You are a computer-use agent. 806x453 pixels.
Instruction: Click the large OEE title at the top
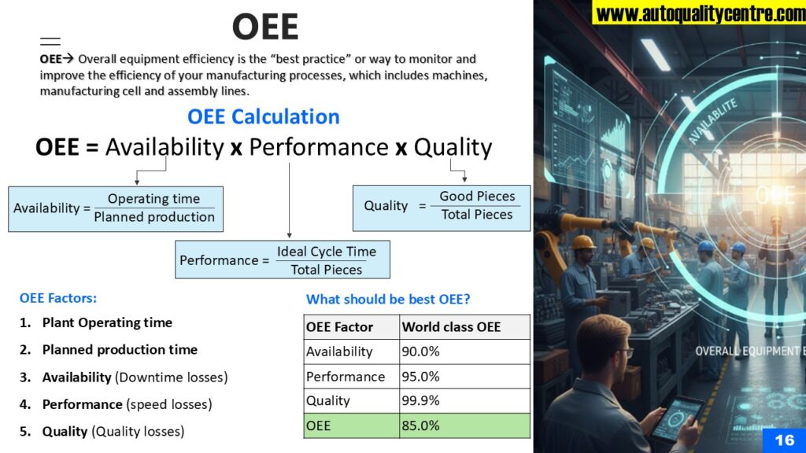click(265, 27)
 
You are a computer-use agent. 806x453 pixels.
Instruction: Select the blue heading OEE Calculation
click(263, 116)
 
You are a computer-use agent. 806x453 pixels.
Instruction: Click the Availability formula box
click(116, 209)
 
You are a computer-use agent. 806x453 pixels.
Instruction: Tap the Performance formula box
click(283, 260)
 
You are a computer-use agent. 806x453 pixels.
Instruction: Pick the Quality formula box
click(442, 208)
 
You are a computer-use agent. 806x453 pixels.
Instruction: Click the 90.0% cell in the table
click(464, 352)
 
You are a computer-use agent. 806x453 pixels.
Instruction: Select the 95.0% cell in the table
click(464, 377)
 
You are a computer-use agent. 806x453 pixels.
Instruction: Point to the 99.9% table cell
click(464, 400)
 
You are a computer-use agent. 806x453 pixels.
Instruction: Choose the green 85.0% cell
click(464, 425)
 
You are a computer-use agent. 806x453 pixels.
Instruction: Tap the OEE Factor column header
click(352, 327)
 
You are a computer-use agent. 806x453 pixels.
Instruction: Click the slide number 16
click(784, 440)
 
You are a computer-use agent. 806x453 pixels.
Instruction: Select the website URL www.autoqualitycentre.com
click(700, 13)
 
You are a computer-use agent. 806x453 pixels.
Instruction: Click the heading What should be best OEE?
click(388, 299)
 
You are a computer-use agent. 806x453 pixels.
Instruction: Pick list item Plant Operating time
click(107, 322)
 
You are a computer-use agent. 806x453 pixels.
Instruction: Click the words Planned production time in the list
click(120, 350)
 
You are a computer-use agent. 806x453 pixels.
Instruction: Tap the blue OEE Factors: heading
click(58, 298)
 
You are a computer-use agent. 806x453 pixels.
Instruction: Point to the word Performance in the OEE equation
click(319, 147)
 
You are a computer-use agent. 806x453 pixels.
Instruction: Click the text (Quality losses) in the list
click(138, 432)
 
